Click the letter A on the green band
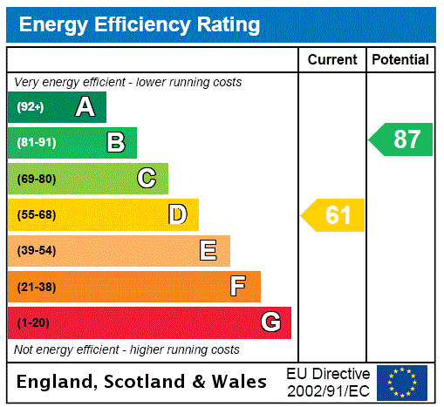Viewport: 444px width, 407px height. coord(85,107)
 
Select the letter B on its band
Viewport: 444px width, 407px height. coord(115,142)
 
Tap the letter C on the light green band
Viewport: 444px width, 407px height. coord(147,179)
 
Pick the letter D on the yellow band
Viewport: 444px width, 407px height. coord(177,214)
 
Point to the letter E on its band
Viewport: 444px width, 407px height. coord(208,251)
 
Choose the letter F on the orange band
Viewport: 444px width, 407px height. coord(238,287)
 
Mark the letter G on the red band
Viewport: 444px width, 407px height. coord(270,322)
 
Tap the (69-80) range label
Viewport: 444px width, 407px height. coord(36,179)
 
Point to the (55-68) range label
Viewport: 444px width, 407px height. coord(36,214)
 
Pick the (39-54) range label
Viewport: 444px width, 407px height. coord(36,251)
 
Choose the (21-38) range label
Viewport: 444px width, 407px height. coord(36,287)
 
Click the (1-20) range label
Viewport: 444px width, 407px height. coord(33,322)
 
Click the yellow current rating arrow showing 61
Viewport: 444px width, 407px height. coord(333,215)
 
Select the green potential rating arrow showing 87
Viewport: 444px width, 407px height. coord(401,139)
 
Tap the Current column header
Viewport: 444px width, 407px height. coord(332,60)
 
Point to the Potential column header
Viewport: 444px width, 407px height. coord(400,60)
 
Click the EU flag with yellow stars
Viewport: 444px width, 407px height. coord(402,382)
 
